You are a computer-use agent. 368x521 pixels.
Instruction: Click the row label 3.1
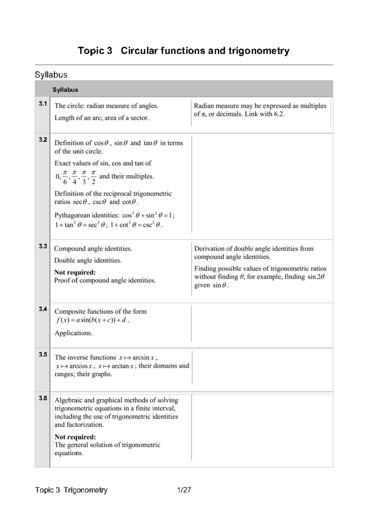(43, 104)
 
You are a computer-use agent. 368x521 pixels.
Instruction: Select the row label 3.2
(43, 140)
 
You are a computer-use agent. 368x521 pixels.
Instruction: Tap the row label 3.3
(43, 246)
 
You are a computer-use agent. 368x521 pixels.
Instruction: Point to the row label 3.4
(43, 309)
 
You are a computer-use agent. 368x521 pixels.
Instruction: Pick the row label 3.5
(43, 354)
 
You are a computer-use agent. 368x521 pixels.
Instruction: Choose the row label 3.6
(43, 398)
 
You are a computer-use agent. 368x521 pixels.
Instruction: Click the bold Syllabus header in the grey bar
(65, 90)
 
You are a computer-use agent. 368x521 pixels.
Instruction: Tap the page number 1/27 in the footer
(184, 490)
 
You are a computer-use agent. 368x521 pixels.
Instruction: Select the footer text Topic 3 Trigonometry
(71, 490)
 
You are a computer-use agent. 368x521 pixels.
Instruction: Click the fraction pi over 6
(65, 177)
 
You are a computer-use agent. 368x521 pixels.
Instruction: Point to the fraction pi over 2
(94, 177)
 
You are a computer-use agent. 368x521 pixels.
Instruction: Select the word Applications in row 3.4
(73, 333)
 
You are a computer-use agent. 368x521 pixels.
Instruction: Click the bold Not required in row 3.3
(75, 272)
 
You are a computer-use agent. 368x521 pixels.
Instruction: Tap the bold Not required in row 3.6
(75, 437)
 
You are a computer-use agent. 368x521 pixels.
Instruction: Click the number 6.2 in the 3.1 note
(278, 114)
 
